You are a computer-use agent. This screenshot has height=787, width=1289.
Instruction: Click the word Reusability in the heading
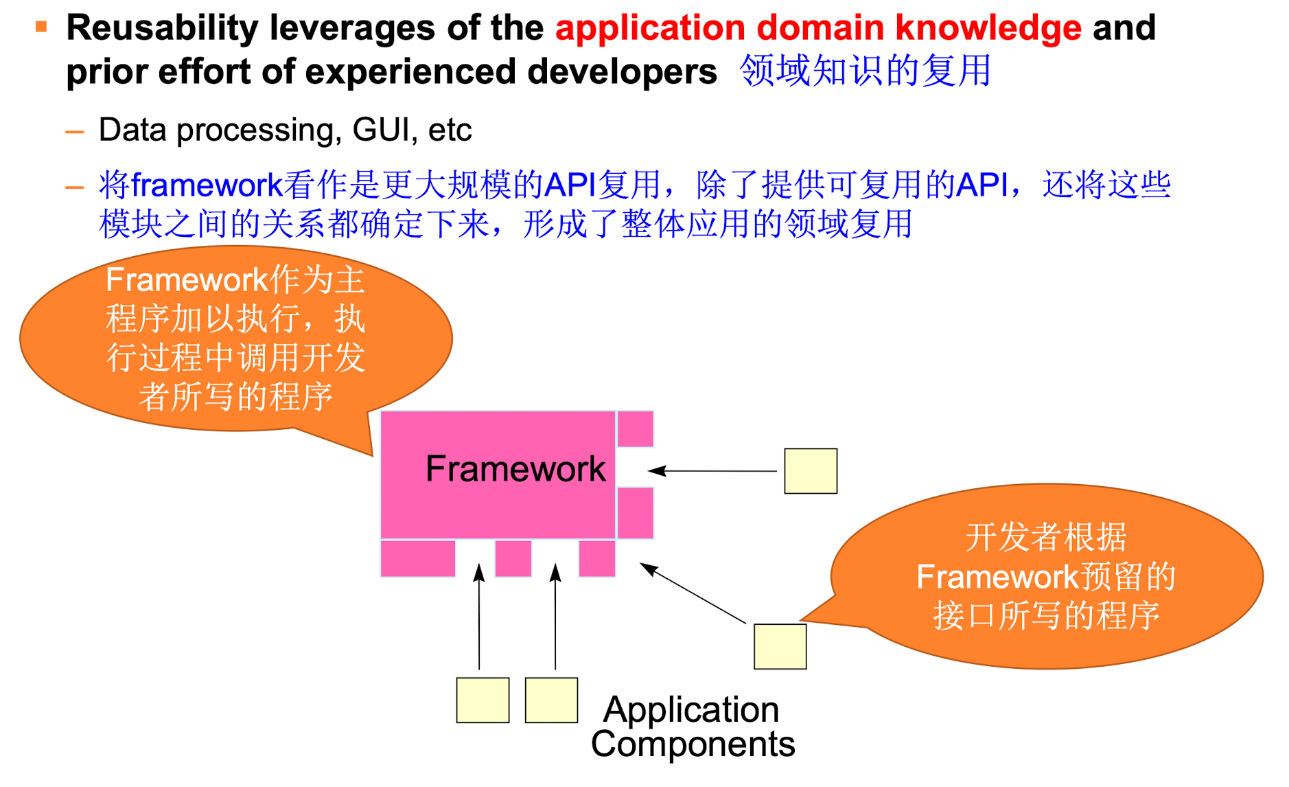pyautogui.click(x=162, y=28)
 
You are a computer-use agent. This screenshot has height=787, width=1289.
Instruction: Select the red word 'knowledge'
pyautogui.click(x=988, y=28)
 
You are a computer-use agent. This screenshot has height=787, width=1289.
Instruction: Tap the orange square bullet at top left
pyautogui.click(x=41, y=27)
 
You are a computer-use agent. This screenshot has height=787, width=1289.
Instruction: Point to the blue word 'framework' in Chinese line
pyautogui.click(x=207, y=185)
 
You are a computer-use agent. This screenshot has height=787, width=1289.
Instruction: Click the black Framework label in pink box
pyautogui.click(x=515, y=469)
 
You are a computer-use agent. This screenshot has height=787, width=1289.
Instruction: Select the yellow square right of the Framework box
pyautogui.click(x=811, y=471)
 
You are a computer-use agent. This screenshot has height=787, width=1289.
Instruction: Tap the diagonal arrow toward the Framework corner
pyautogui.click(x=693, y=593)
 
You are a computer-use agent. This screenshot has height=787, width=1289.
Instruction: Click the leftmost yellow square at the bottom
pyautogui.click(x=483, y=700)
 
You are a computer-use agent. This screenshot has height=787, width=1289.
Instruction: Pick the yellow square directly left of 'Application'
pyautogui.click(x=551, y=700)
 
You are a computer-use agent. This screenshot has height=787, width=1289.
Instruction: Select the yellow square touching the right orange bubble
pyautogui.click(x=780, y=646)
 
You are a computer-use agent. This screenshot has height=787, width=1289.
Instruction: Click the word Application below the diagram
pyautogui.click(x=691, y=709)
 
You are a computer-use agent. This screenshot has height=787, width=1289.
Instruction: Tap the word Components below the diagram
pyautogui.click(x=693, y=744)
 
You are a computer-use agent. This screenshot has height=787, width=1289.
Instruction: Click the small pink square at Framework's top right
pyautogui.click(x=635, y=429)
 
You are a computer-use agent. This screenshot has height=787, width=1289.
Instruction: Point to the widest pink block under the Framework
pyautogui.click(x=418, y=558)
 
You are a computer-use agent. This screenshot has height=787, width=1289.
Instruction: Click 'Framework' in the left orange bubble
pyautogui.click(x=187, y=280)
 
